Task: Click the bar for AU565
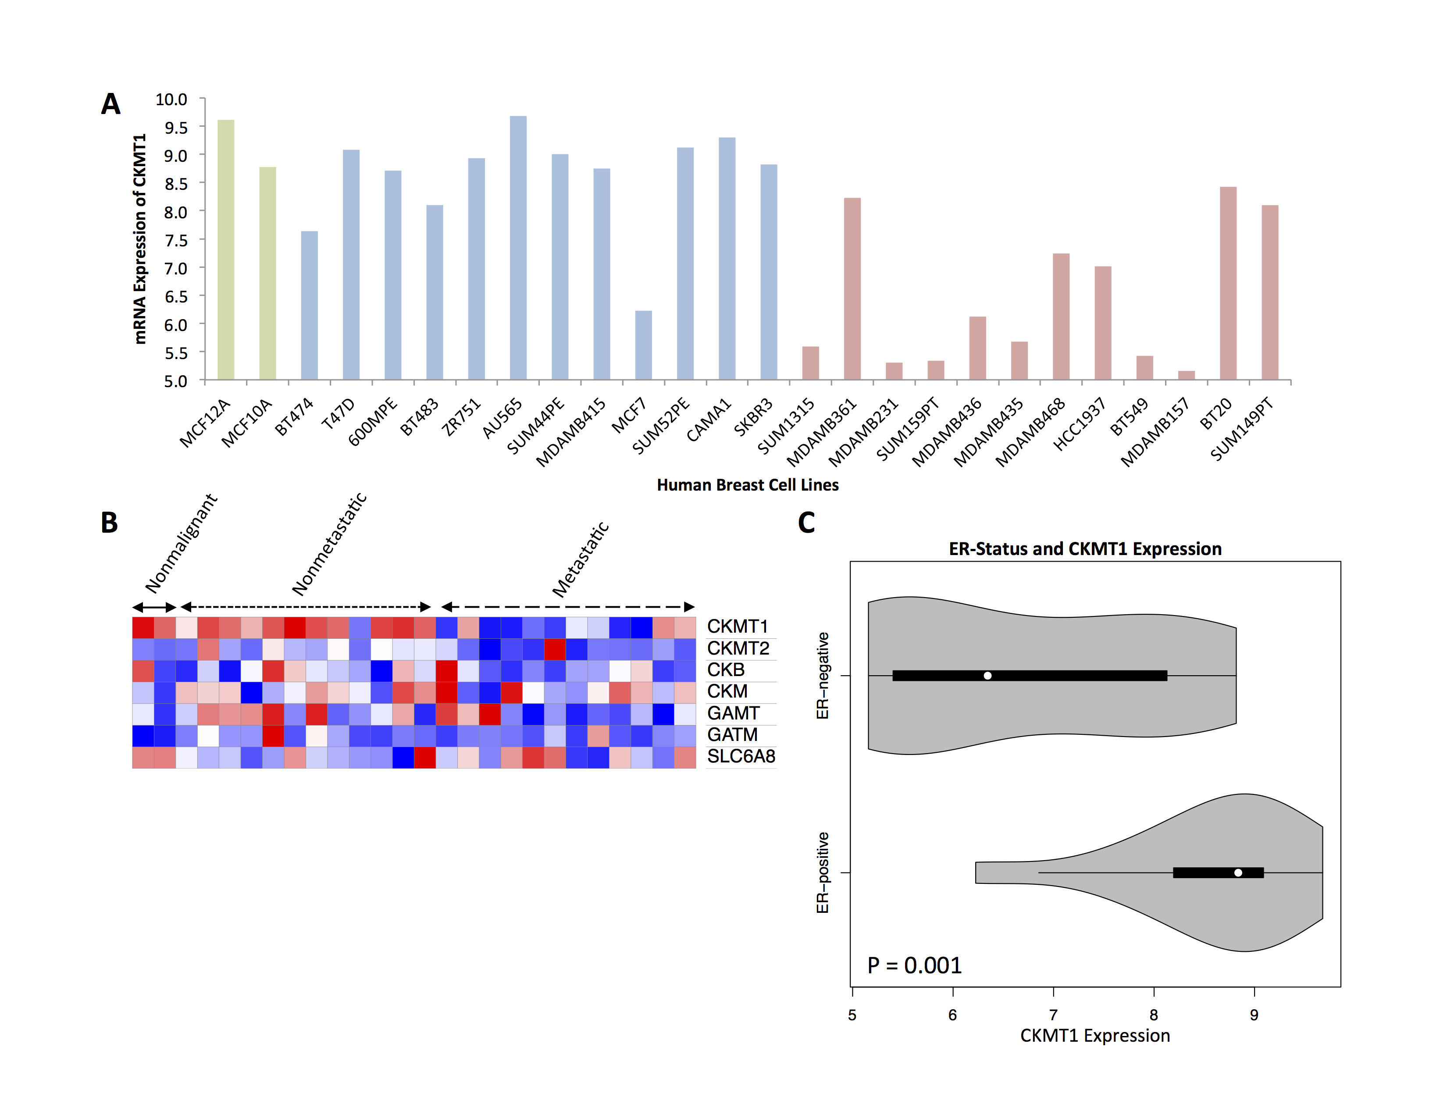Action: [x=518, y=248]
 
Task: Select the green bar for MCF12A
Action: [x=226, y=250]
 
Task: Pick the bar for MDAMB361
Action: [x=852, y=289]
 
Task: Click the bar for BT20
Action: [x=1228, y=284]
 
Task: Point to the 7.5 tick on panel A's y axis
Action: [x=176, y=240]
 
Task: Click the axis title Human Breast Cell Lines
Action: [x=747, y=485]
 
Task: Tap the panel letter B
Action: [x=109, y=523]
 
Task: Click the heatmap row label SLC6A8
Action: [x=741, y=756]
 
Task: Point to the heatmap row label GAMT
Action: [x=733, y=713]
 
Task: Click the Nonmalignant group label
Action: [x=181, y=544]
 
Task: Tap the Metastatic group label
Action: [x=581, y=560]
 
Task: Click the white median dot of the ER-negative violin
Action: [x=987, y=676]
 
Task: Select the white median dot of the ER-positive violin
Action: [x=1238, y=873]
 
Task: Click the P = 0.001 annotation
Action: [x=914, y=966]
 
